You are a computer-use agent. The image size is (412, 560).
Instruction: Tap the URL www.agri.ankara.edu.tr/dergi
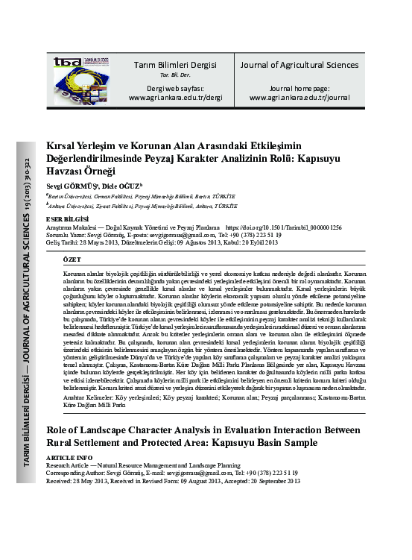point(175,97)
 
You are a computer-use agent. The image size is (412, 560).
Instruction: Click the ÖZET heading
point(72,257)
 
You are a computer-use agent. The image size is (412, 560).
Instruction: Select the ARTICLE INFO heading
point(69,456)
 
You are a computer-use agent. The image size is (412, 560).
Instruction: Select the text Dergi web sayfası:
point(175,87)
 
